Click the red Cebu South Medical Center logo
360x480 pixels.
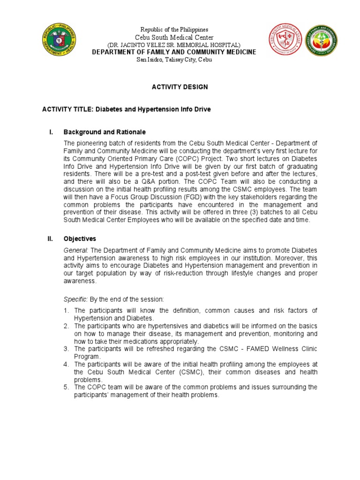pos(285,40)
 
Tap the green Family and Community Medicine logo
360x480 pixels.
pos(321,40)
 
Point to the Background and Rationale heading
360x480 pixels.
pos(105,132)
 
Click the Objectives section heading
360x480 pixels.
pos(80,239)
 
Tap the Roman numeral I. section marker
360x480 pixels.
pos(51,132)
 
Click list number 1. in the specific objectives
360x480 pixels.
pos(67,311)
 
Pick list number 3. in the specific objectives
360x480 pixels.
pos(67,349)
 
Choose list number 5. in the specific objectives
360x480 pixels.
pos(67,387)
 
